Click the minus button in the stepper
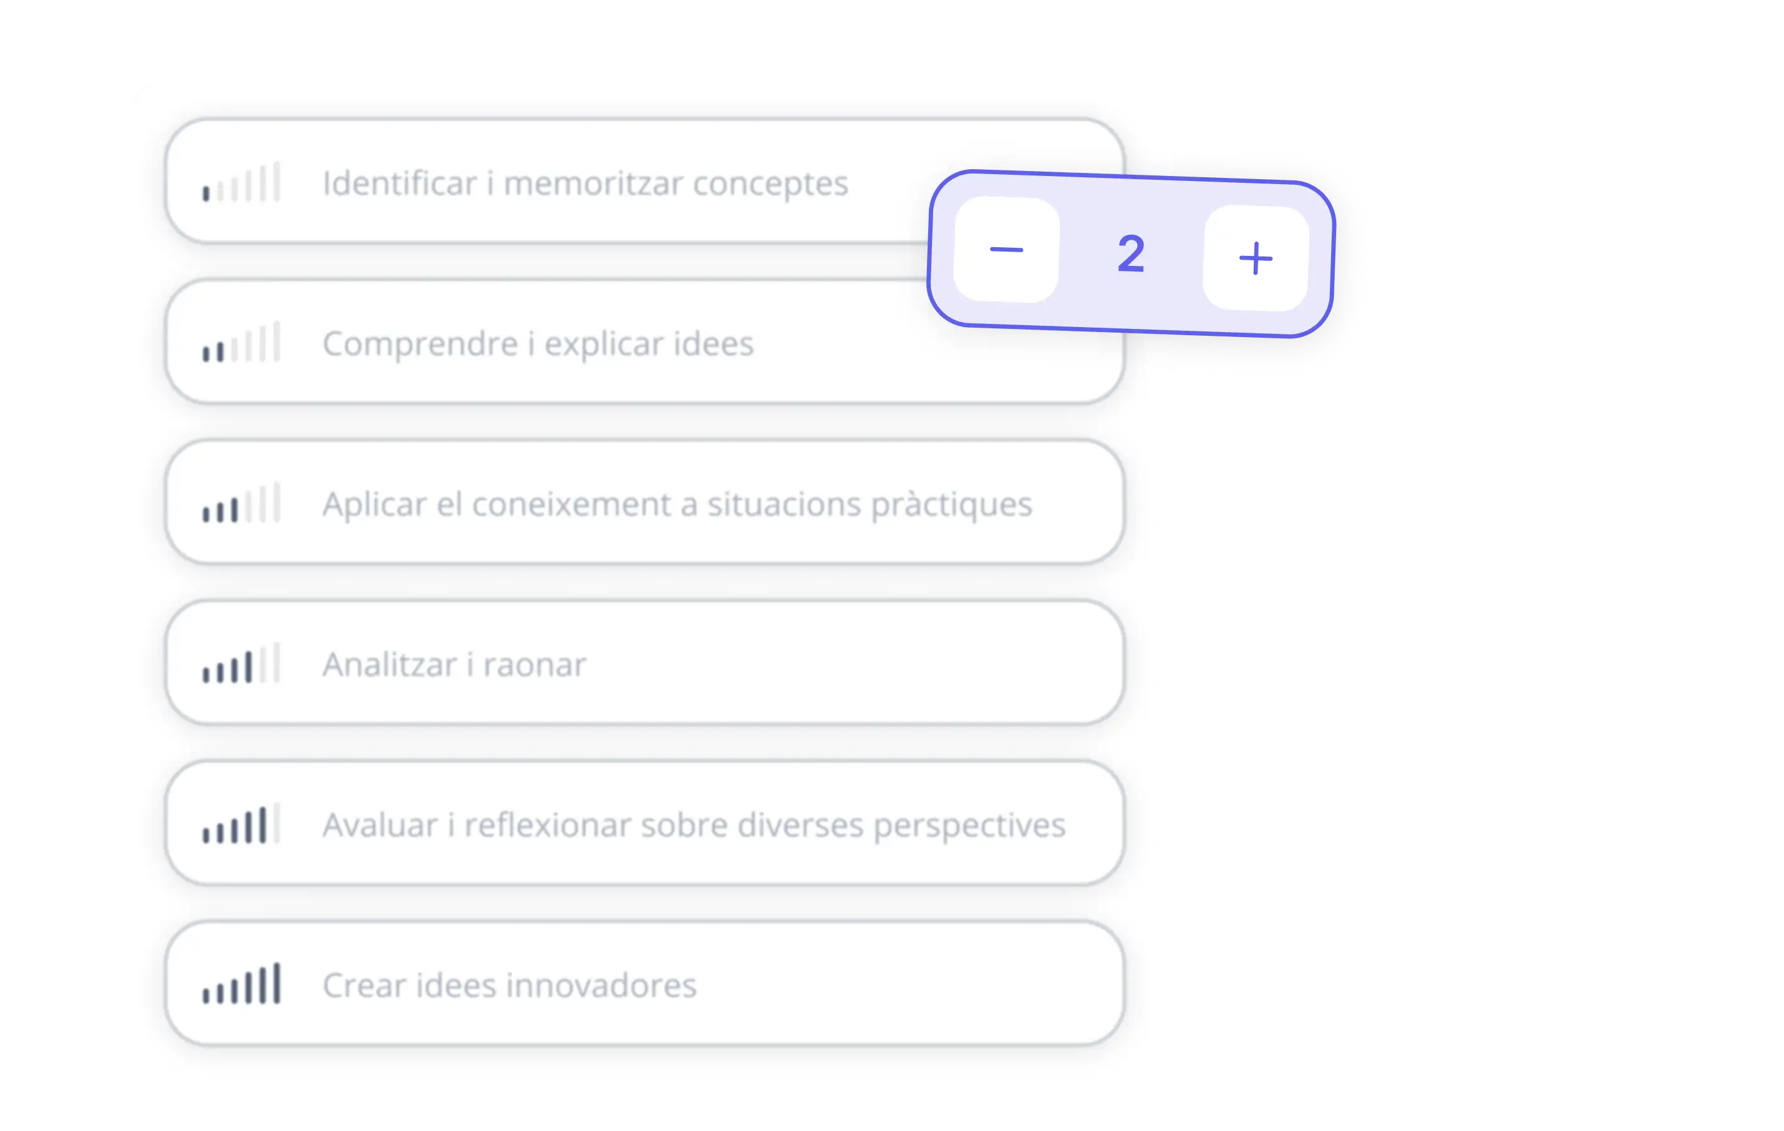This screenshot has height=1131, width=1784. click(1006, 250)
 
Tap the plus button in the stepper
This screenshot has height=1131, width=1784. click(1256, 258)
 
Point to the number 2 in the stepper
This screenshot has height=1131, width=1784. click(1130, 254)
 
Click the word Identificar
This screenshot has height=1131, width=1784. click(399, 183)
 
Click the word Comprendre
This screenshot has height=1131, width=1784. click(420, 344)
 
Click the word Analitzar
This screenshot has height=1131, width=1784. click(390, 665)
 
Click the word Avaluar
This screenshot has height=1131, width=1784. click(380, 825)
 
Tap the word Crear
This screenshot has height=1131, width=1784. click(364, 986)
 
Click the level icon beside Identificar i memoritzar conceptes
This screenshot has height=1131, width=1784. click(241, 182)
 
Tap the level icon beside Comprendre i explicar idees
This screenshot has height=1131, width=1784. click(241, 343)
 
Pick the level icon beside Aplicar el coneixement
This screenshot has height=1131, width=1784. click(241, 503)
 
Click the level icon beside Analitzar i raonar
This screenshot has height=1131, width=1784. click(241, 663)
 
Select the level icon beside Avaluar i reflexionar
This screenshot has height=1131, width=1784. click(241, 824)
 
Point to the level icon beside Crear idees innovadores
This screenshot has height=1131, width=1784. click(241, 984)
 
